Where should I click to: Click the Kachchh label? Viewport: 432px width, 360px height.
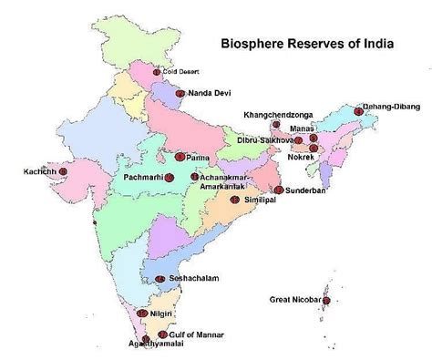[x=38, y=170]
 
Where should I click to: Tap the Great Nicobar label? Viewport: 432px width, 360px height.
[x=295, y=299]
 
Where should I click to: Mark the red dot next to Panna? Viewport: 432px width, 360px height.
[x=180, y=156]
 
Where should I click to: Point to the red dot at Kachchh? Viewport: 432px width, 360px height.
[x=62, y=170]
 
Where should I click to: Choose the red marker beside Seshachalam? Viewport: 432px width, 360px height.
[x=160, y=279]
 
